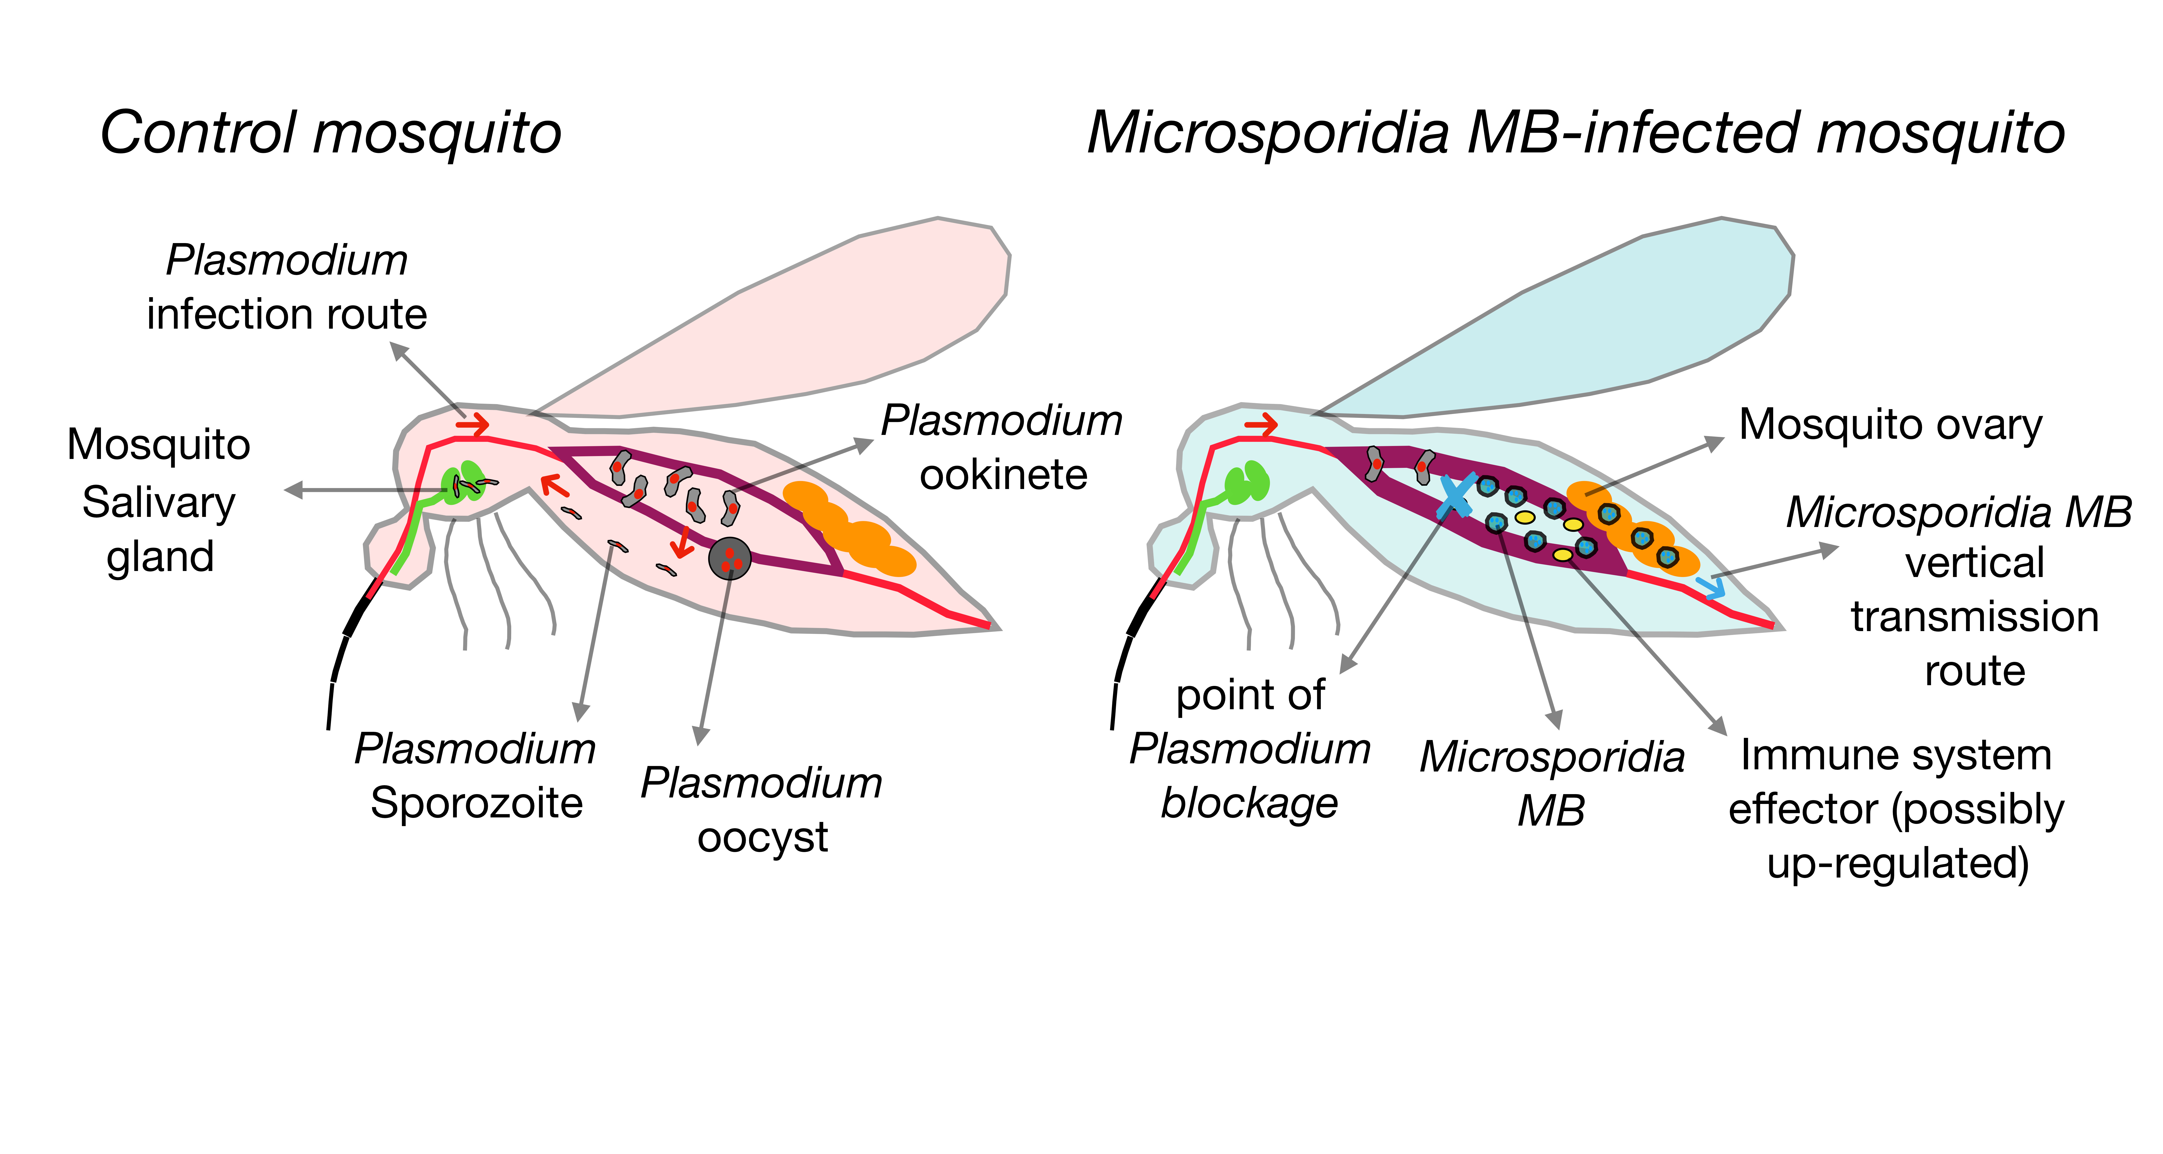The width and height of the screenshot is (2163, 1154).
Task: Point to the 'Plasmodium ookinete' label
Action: pos(1002,448)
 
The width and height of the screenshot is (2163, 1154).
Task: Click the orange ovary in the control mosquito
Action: pos(848,529)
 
